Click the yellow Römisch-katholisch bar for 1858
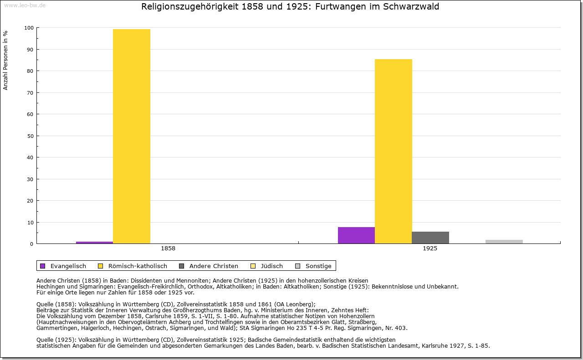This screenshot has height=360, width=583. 132,136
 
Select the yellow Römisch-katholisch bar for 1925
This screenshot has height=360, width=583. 394,151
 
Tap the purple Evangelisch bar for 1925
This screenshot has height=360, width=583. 356,235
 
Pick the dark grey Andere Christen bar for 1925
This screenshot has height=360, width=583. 430,238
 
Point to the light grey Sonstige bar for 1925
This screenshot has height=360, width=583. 504,242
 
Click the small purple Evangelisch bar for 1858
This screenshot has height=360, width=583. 94,243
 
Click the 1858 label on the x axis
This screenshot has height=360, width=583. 168,248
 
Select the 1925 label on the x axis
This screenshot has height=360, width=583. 430,248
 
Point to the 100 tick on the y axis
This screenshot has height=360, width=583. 29,28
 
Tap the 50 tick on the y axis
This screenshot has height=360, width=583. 30,136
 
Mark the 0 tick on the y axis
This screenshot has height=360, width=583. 31,244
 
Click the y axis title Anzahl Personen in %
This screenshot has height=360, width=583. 5,60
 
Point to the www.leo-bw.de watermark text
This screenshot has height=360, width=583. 25,5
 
